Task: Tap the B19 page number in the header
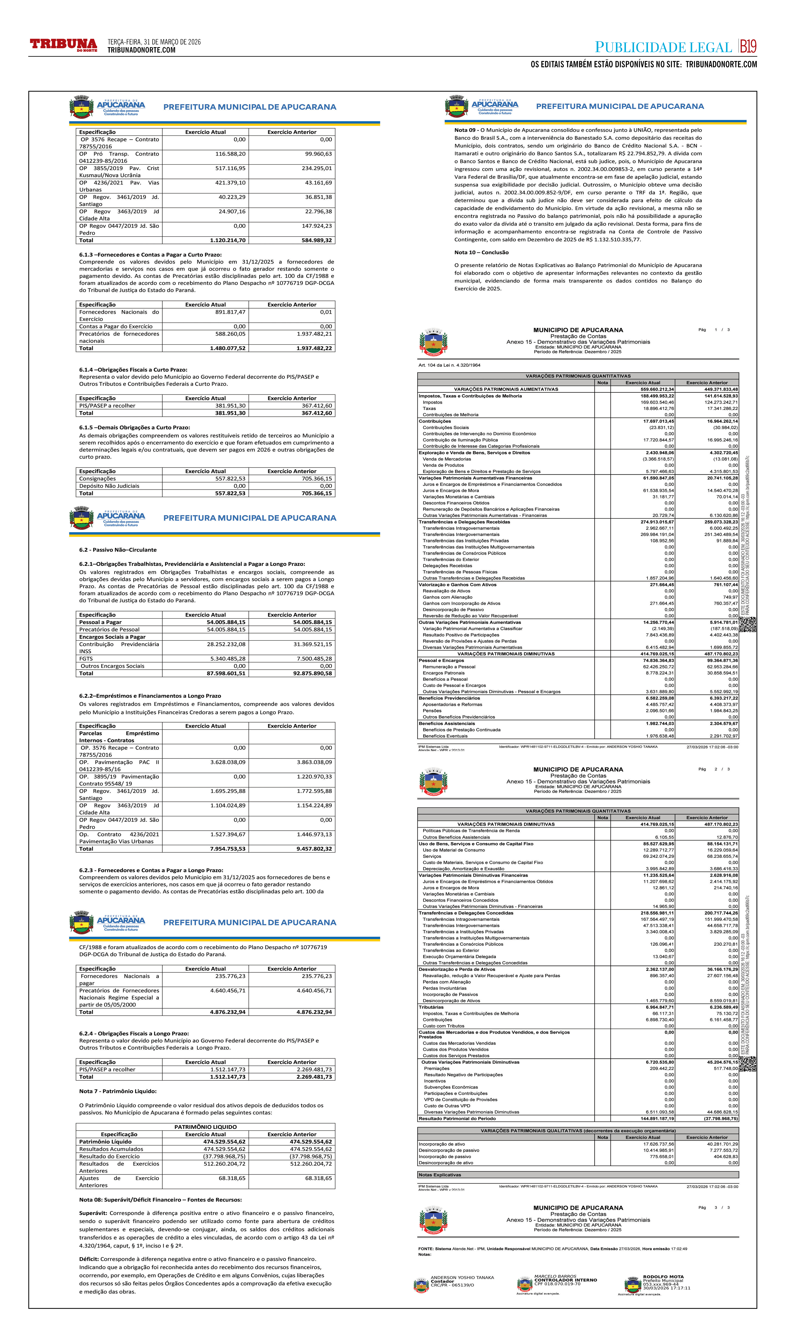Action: point(748,47)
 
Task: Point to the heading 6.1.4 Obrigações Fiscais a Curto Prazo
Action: point(133,370)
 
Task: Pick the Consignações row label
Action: point(98,478)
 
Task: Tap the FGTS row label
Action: point(86,658)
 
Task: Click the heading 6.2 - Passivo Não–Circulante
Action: point(118,550)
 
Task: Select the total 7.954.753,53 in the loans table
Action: point(228,849)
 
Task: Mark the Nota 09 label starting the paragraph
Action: point(465,130)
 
